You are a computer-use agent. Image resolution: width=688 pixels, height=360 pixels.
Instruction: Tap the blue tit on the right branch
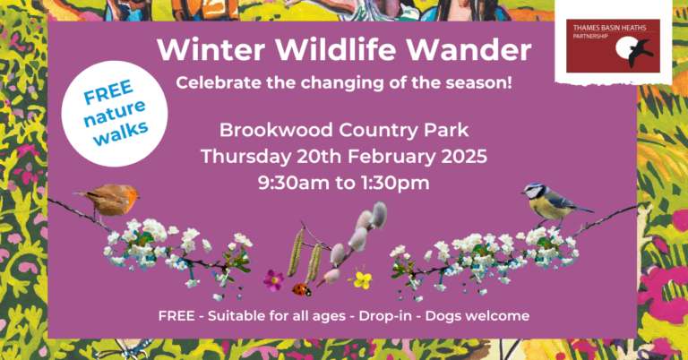click(x=546, y=202)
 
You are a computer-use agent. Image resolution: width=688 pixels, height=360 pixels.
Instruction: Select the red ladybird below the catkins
click(x=303, y=289)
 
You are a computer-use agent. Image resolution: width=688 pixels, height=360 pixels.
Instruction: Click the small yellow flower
click(x=362, y=279)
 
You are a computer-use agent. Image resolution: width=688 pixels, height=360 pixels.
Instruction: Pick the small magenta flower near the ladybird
click(x=273, y=280)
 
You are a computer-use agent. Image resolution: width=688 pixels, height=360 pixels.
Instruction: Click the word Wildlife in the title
click(x=329, y=51)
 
